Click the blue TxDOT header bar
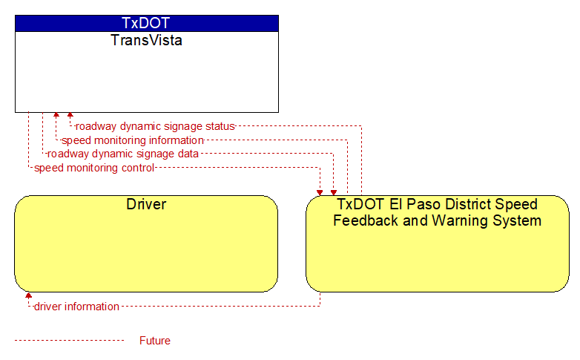click(x=147, y=23)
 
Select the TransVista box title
click(x=146, y=40)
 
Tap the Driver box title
click(x=146, y=204)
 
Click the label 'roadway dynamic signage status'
click(x=155, y=126)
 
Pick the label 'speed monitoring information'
click(x=133, y=140)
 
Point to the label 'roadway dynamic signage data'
click(x=123, y=154)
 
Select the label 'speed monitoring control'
click(x=94, y=168)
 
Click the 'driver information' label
click(x=76, y=307)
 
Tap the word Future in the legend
click(x=155, y=341)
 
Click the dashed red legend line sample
click(x=69, y=341)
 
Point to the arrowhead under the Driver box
click(x=28, y=295)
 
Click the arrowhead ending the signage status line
click(x=70, y=115)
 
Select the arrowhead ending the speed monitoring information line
click(x=56, y=115)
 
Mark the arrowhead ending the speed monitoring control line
click(x=320, y=192)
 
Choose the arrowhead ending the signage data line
click(x=334, y=192)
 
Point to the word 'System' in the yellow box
click(x=521, y=221)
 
